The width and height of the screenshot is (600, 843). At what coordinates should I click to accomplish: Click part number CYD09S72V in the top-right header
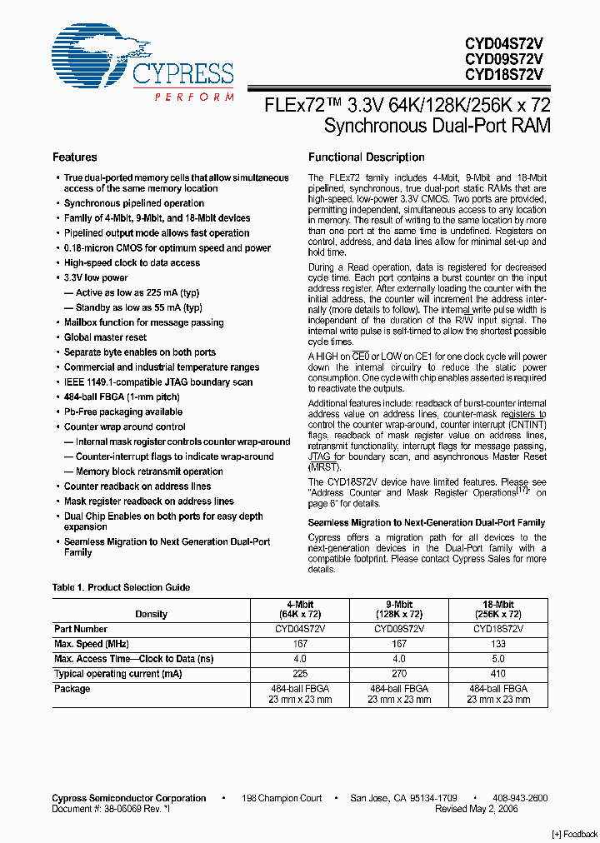504,57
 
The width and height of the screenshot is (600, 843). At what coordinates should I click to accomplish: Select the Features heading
74,157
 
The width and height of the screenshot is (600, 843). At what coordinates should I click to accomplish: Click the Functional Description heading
366,157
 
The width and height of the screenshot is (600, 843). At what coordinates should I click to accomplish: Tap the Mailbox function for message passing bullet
143,322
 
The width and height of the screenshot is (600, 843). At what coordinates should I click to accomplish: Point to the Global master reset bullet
105,337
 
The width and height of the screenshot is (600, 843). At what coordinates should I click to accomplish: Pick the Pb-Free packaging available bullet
122,412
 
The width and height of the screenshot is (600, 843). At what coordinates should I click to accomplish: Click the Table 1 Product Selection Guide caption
121,587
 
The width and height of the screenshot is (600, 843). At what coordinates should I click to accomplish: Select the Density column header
151,614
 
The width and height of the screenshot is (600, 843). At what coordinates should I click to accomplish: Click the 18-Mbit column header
498,609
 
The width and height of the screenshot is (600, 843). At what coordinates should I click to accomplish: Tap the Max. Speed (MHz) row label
91,644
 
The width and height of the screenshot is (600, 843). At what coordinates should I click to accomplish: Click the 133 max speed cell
498,644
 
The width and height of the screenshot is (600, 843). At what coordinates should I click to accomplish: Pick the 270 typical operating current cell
399,674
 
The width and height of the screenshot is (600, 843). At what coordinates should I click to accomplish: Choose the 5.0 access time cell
498,659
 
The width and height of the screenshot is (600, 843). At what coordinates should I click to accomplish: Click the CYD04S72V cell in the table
300,629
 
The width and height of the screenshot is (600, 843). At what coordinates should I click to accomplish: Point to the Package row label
72,689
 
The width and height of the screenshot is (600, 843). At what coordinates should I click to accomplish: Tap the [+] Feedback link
574,834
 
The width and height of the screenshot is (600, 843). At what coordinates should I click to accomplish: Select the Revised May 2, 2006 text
476,809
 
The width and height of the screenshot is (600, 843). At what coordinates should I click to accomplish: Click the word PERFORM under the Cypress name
194,97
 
